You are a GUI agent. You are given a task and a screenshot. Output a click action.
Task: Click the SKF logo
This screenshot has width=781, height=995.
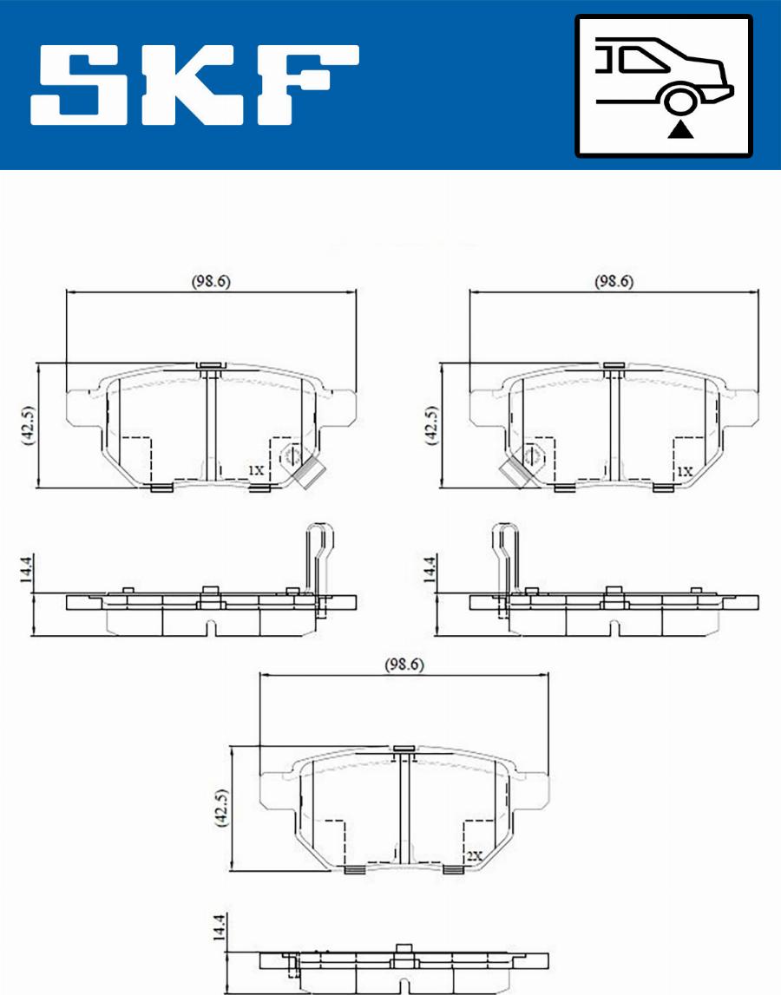click(195, 84)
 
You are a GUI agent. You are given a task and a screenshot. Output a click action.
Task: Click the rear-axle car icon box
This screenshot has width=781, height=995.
click(664, 86)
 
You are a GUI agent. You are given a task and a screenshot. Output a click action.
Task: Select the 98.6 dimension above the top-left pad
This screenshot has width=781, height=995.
click(211, 281)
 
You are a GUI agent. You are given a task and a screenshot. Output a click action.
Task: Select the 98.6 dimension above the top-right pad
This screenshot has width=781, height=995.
click(614, 281)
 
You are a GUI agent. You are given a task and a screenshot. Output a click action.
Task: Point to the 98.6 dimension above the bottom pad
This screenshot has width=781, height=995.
click(404, 664)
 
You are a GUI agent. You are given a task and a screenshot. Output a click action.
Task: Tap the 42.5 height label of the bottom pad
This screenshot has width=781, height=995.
click(221, 807)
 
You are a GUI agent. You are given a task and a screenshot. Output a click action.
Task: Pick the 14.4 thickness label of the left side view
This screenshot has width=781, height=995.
click(25, 569)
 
